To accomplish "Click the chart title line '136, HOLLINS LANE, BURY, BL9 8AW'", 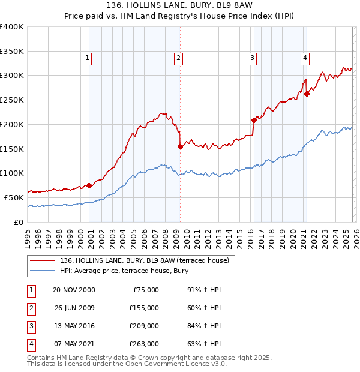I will pos(180,6).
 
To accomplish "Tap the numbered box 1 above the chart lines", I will pos(88,58).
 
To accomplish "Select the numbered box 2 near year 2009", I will pos(179,58).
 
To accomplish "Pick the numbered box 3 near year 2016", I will pos(252,58).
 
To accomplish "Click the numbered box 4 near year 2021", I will pos(305,58).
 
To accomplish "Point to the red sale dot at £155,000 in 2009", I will pos(180,146).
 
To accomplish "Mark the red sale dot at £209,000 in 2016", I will pos(253,119).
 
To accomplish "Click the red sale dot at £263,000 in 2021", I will pos(306,93).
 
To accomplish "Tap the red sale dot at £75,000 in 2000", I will pos(89,185).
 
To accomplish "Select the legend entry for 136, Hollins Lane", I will pos(144,260).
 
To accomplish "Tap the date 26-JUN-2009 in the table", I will pos(74,308).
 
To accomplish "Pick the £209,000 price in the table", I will pos(144,326).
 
